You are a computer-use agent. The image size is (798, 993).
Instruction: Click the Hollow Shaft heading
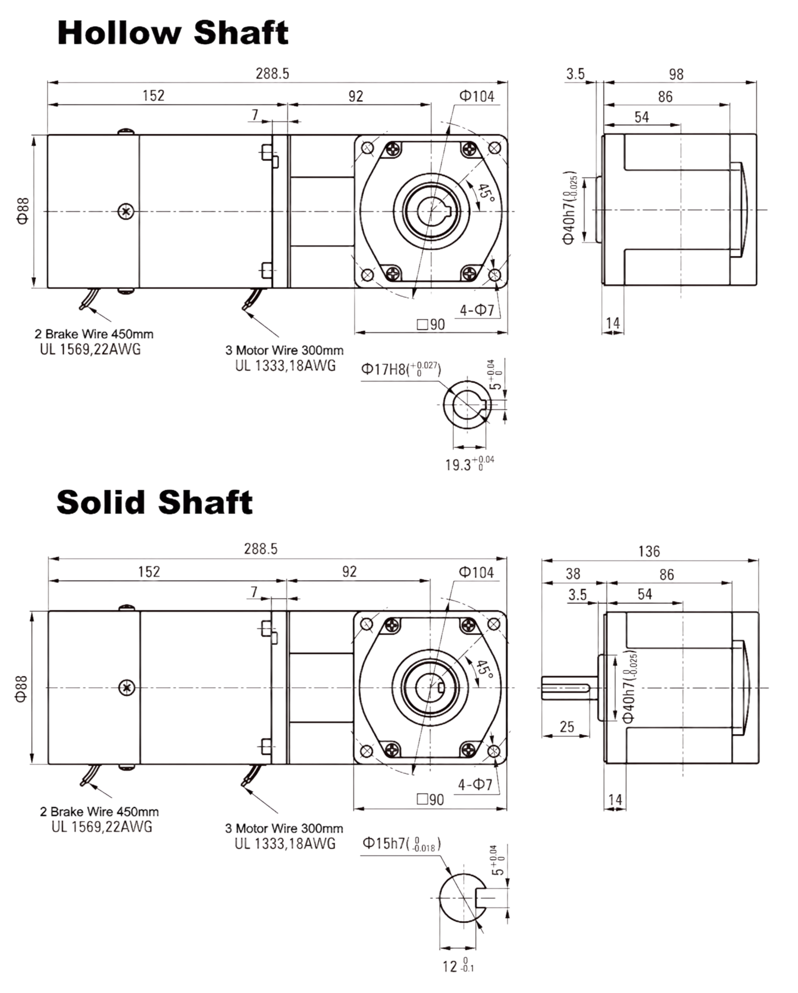coord(173,33)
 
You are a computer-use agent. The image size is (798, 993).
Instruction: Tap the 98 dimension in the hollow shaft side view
coord(676,74)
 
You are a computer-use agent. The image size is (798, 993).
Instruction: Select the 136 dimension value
coord(649,551)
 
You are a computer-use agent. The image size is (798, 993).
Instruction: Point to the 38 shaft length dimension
coord(573,574)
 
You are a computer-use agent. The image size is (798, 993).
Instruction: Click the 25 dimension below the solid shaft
coord(567,727)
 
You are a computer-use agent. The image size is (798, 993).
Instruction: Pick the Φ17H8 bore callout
coord(401,369)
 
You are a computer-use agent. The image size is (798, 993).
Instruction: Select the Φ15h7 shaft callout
coord(401,844)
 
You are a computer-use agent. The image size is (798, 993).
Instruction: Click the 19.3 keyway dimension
coord(469,463)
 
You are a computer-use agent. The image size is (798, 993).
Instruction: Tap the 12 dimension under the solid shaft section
coord(458,966)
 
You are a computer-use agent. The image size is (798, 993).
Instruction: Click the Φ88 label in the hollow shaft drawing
coord(23,211)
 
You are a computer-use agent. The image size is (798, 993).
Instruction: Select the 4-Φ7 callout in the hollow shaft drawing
coord(476,310)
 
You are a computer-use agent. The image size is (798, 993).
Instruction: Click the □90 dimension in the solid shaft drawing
coord(430,799)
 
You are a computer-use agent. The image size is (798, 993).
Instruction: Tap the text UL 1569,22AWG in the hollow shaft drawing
coord(90,349)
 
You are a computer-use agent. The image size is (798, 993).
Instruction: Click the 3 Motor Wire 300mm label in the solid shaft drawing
coord(284,828)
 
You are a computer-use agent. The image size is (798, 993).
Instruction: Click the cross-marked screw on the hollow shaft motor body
coord(126,211)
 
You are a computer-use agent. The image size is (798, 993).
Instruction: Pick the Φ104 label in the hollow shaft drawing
coord(477,96)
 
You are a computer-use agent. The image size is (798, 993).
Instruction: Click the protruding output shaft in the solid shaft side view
coord(569,687)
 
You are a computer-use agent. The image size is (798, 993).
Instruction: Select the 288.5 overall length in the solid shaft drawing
coord(260,549)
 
